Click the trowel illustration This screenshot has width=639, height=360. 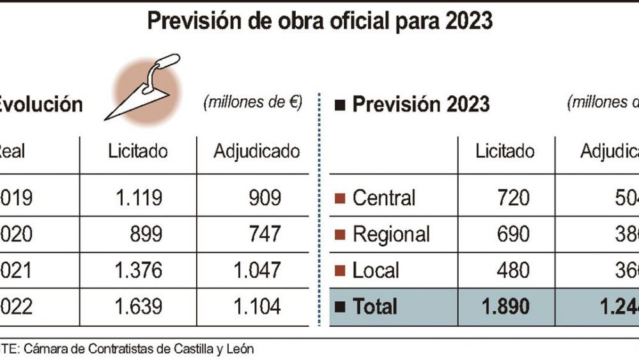tap(144, 86)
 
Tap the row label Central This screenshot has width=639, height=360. tap(384, 198)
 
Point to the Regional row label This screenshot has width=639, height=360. tap(391, 234)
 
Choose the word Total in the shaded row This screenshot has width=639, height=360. tap(374, 307)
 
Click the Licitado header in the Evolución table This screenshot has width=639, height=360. tap(138, 152)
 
